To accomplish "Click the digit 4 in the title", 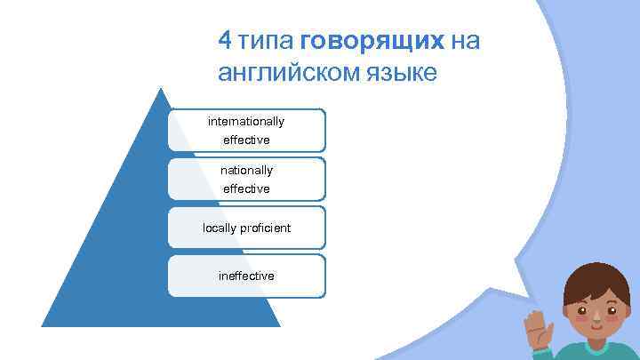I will pos(226,41).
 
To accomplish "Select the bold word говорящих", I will pos(372,42).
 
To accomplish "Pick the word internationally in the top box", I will pos(246,121).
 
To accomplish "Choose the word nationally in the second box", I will pos(246,170).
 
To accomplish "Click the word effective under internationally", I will pos(246,140).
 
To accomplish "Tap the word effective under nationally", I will pos(246,188).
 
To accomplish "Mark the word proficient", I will pos(266,228).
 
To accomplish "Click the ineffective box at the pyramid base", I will pos(246,276).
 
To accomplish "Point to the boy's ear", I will pos(563,314).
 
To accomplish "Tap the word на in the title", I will pos(465,42).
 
